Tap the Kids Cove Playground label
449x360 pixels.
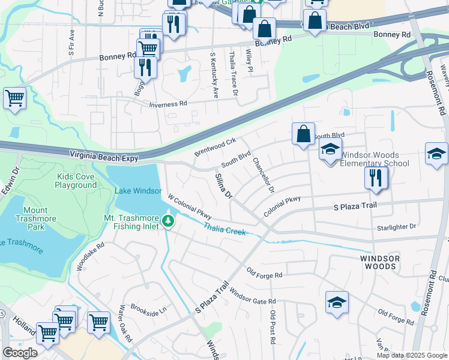click(76, 181)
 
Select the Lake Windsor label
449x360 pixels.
click(138, 191)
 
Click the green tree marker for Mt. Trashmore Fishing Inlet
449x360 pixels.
click(169, 222)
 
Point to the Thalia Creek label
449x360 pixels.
click(224, 229)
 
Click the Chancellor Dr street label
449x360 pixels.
click(263, 175)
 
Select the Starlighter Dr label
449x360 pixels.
click(396, 227)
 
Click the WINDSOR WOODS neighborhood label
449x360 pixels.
click(379, 262)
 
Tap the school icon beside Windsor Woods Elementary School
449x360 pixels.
click(330, 150)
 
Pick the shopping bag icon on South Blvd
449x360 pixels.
click(304, 134)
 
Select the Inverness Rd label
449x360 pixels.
click(168, 104)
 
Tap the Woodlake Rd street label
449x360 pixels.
click(91, 256)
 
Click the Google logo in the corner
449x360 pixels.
click(20, 353)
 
